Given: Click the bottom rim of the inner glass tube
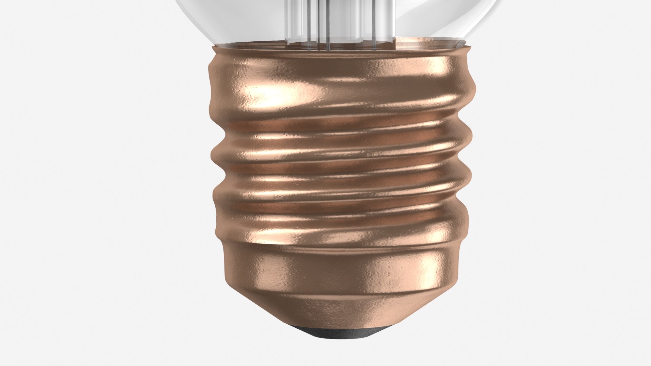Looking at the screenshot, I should click(x=339, y=43).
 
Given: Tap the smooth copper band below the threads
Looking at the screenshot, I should click(x=339, y=271).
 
